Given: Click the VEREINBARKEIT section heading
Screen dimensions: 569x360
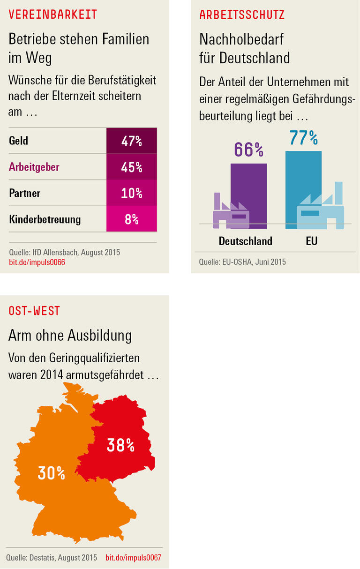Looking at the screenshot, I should [x=53, y=15].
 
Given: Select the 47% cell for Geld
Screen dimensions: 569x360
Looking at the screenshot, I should [x=131, y=141].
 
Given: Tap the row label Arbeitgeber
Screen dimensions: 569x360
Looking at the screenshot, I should [x=34, y=167].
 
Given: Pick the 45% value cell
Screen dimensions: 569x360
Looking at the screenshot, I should [x=131, y=167].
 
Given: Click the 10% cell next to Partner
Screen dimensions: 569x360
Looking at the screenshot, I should [x=131, y=193].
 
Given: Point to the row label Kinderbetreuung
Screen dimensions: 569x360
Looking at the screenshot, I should [x=45, y=219].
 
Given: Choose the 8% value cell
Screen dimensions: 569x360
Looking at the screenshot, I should [x=131, y=219].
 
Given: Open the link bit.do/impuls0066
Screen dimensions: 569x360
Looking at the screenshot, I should [x=37, y=262].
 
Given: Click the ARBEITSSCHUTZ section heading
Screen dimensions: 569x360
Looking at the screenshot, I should [x=242, y=15].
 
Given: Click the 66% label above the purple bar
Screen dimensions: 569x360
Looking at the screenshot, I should [x=248, y=150].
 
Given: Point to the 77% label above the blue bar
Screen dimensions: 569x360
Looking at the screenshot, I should [x=303, y=138].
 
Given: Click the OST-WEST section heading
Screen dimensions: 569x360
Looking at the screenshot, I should [x=34, y=311].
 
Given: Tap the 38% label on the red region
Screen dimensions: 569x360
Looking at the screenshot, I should [x=120, y=445].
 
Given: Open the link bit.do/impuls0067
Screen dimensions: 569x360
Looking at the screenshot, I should [x=133, y=558].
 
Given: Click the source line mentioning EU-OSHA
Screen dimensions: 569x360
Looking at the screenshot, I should [x=242, y=262].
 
